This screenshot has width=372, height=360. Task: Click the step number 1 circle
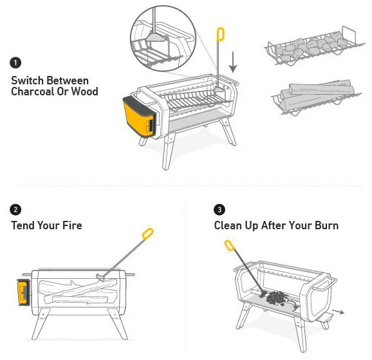click(x=15, y=63)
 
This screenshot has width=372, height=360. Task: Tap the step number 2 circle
click(x=15, y=210)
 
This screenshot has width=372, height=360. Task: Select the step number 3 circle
click(x=220, y=210)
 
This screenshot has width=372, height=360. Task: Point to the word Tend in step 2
click(x=24, y=225)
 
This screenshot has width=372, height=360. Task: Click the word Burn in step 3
click(x=325, y=225)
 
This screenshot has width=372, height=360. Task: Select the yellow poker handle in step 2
click(x=148, y=232)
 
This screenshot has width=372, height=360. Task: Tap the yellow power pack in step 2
click(x=23, y=292)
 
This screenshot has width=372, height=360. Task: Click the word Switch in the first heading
click(x=28, y=81)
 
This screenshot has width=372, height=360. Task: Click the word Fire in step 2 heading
click(x=70, y=225)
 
